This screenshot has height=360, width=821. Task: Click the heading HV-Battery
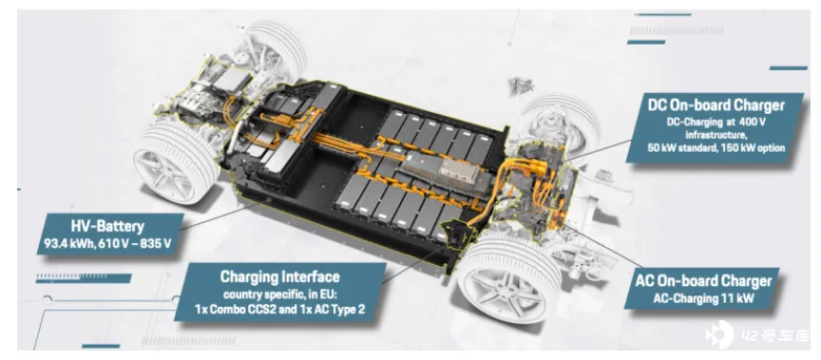click(106, 227)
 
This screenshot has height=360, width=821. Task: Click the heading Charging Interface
click(279, 276)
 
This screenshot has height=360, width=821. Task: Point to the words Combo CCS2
click(240, 309)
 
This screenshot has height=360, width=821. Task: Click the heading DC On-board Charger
click(716, 105)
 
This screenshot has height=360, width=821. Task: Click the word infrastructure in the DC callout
click(716, 135)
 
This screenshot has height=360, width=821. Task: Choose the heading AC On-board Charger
click(703, 281)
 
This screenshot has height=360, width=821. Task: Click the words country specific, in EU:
click(279, 292)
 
